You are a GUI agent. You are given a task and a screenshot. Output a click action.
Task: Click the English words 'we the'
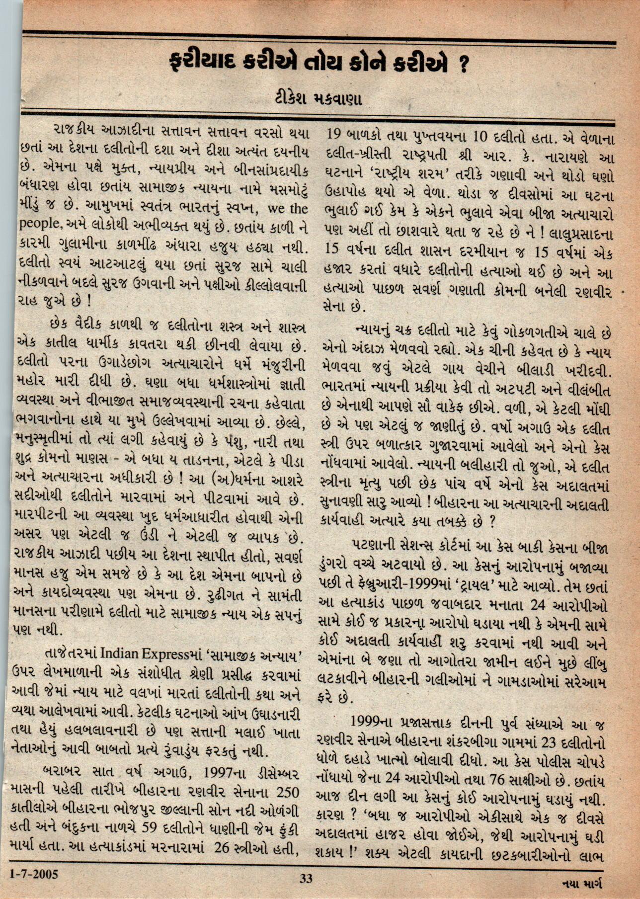pyautogui.click(x=288, y=208)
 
